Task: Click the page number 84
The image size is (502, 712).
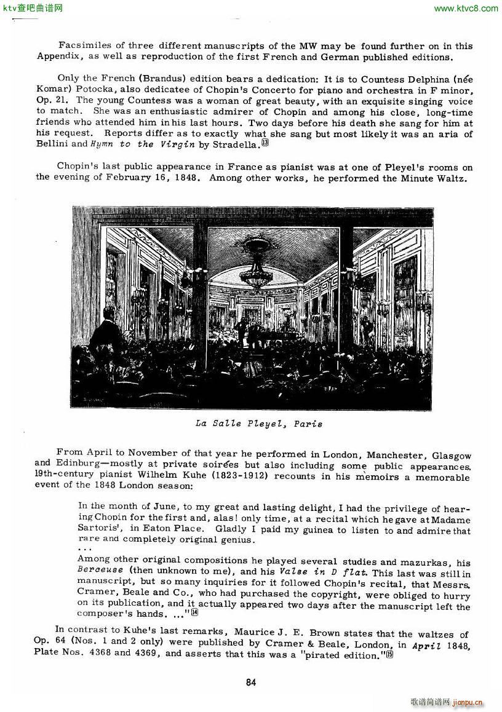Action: pos(250,682)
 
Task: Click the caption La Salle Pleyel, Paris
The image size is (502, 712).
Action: pos(258,424)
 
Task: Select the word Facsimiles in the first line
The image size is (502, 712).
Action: pos(86,45)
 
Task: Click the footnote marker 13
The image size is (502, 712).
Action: pos(265,143)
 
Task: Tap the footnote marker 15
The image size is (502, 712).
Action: pos(389,654)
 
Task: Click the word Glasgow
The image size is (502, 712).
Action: pos(452,456)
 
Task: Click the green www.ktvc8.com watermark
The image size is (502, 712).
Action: pos(466,8)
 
